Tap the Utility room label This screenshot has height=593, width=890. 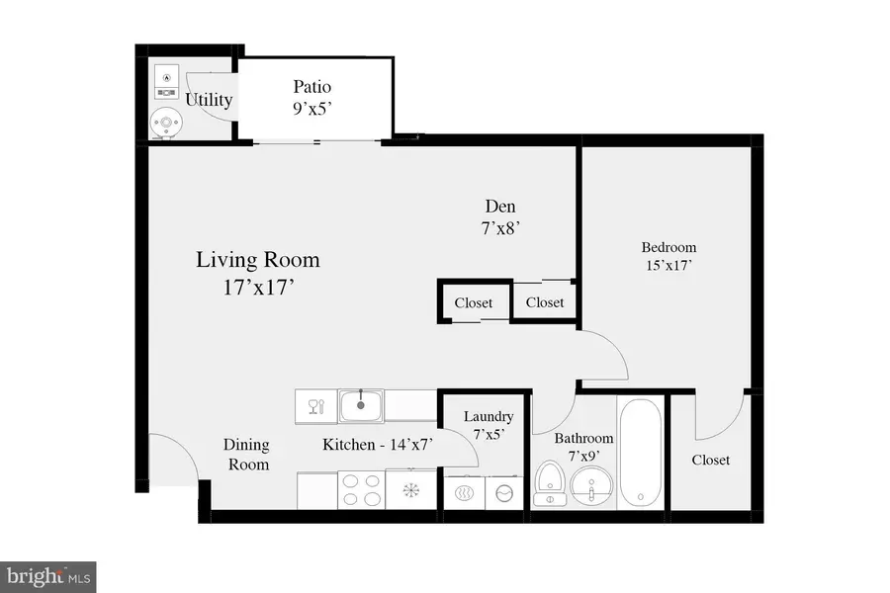[x=209, y=100]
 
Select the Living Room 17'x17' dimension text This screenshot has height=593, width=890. [x=257, y=293]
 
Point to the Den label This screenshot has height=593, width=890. [x=499, y=207]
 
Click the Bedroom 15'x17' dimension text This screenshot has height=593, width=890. [x=668, y=265]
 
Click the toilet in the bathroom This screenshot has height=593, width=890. [x=550, y=485]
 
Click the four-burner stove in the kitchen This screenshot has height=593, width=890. [x=361, y=489]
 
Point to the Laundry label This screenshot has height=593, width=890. [x=488, y=417]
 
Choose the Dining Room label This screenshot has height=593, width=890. [x=247, y=455]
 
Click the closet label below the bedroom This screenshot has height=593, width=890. [x=710, y=460]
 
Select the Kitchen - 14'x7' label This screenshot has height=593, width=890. [x=379, y=445]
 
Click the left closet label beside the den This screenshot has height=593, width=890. [x=474, y=302]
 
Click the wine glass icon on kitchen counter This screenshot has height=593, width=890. [x=315, y=405]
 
